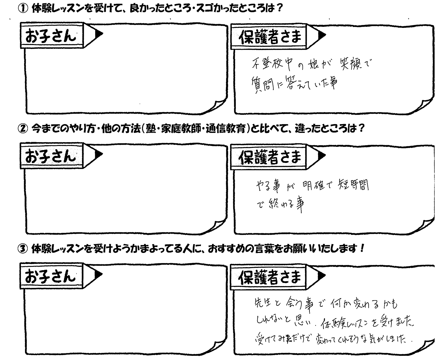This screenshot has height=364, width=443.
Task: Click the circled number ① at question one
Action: (x=23, y=9)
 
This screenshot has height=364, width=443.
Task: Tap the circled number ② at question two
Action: (x=23, y=129)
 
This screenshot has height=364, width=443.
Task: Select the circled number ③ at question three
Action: (x=23, y=249)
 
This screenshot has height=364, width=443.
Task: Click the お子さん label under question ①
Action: (x=51, y=36)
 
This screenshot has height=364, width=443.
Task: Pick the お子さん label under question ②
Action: (x=50, y=156)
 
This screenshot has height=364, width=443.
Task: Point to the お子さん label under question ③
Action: (x=50, y=276)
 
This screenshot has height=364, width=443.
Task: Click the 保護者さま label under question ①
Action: (x=270, y=37)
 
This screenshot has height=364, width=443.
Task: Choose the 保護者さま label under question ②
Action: (x=270, y=157)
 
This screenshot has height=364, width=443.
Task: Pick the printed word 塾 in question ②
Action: (x=151, y=129)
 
